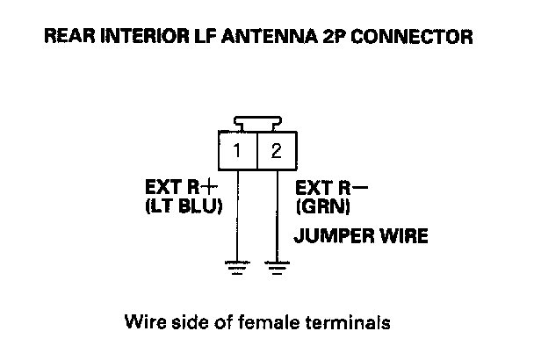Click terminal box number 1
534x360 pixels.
coord(236,151)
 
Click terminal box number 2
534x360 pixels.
coord(277,151)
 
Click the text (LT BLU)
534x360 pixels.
coord(183,208)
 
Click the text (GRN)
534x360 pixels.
coord(323,208)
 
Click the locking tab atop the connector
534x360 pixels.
coord(256,123)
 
